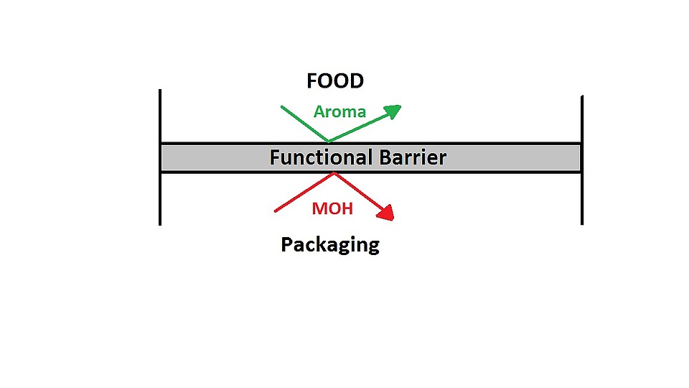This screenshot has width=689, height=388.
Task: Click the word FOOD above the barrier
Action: tap(335, 80)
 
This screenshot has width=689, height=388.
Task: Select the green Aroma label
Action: tap(339, 112)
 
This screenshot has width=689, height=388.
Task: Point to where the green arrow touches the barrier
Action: tap(329, 142)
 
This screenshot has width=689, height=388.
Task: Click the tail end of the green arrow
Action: tap(281, 107)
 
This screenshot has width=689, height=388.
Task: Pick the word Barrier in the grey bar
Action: tap(412, 157)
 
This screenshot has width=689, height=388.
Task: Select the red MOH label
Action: tap(332, 209)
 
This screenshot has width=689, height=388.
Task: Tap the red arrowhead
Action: tap(388, 212)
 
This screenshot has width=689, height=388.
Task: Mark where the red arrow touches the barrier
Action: tap(334, 173)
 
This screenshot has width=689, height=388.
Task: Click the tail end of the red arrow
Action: tap(276, 211)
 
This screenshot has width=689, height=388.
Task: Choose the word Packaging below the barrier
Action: tap(330, 245)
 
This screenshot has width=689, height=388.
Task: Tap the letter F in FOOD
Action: tap(312, 80)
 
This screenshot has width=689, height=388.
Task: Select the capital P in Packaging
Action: tap(286, 244)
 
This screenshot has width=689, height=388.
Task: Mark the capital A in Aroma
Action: tap(319, 112)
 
